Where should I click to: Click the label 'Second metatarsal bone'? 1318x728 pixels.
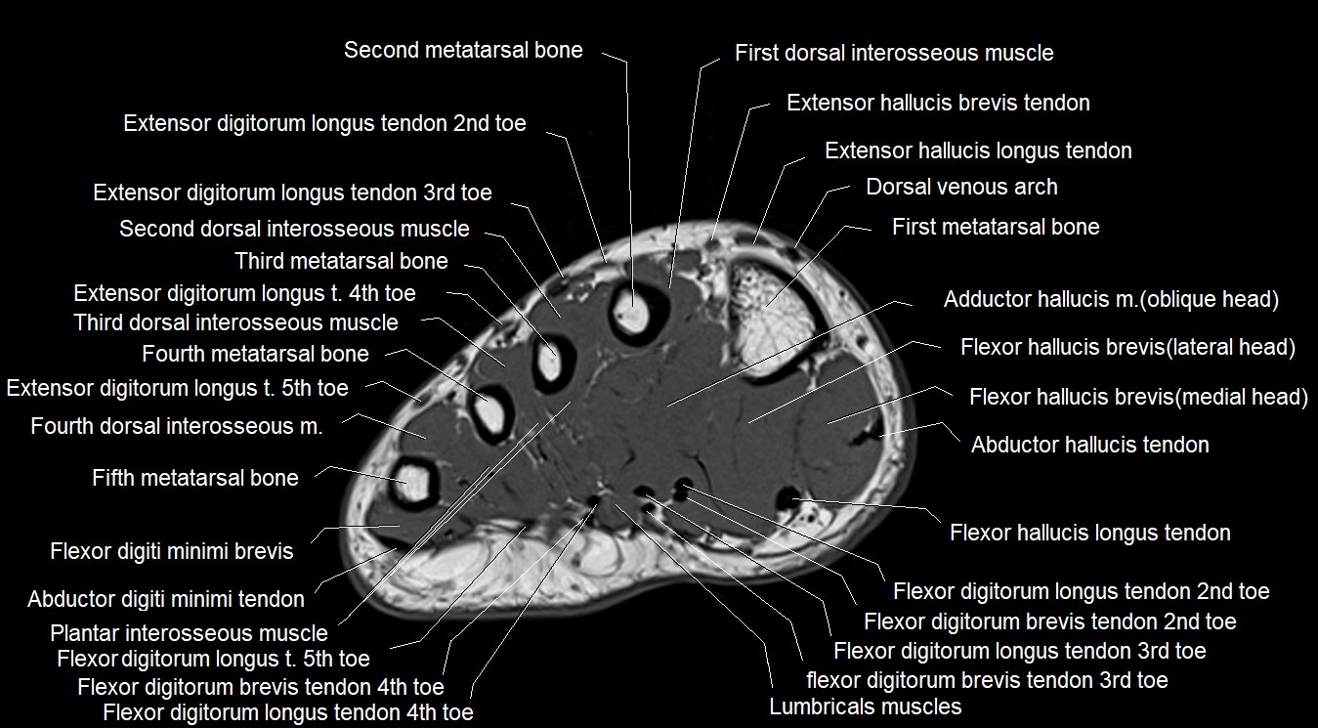tap(463, 50)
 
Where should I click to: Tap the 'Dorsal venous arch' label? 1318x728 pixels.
tap(961, 188)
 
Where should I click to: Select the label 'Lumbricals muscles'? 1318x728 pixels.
tap(865, 707)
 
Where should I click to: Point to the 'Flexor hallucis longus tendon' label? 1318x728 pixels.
tap(1089, 533)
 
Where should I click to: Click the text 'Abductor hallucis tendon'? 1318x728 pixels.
tap(1089, 445)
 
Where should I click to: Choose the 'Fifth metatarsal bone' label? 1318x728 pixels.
tap(195, 478)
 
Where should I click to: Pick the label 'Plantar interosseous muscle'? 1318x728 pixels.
tap(189, 633)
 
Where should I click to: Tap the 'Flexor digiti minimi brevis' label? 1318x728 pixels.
tap(172, 551)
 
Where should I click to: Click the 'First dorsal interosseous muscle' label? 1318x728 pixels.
tap(894, 53)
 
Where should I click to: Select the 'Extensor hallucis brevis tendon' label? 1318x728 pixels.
tap(938, 103)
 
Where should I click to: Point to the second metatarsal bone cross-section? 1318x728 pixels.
tap(632, 309)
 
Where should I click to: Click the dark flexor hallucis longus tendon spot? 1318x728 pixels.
tap(787, 498)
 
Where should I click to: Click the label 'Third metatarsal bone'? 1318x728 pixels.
tap(341, 261)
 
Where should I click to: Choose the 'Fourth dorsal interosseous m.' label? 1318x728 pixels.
tap(177, 426)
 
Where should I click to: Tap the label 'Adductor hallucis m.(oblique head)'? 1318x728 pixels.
tap(1111, 300)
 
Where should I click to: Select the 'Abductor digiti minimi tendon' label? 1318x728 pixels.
tap(166, 599)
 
